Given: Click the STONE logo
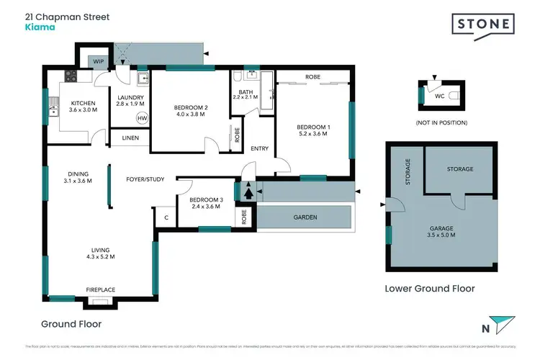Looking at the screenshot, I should (x=484, y=24).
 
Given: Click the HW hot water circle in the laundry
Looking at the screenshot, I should (x=142, y=118).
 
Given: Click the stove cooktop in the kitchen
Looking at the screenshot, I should (x=72, y=75).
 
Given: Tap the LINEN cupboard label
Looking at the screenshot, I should (x=130, y=138).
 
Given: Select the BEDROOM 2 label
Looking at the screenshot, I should (x=192, y=108).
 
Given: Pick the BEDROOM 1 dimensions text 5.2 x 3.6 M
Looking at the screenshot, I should (x=314, y=135).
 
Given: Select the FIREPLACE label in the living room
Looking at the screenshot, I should (x=101, y=289).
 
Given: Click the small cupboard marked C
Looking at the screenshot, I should (x=166, y=217).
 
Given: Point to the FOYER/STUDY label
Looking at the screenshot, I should (x=144, y=179).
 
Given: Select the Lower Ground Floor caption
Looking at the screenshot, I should (x=430, y=288).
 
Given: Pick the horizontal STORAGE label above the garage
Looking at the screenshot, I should (x=460, y=169).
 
